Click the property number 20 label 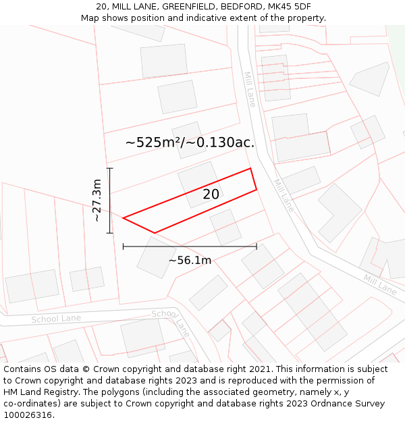point(211,194)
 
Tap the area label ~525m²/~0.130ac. point(190,142)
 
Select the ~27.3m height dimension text point(97,201)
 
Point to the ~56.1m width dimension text point(190,260)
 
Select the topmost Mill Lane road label point(250,89)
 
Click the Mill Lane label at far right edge point(380,284)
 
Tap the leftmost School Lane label point(56,319)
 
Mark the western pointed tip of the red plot point(125,217)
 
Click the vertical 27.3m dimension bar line point(110,201)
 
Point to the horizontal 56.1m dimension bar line point(190,246)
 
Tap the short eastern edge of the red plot point(254,179)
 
